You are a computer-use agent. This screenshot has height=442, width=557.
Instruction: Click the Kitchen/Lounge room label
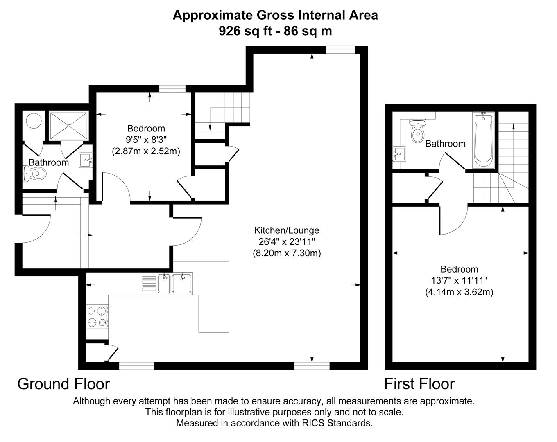pyautogui.click(x=286, y=230)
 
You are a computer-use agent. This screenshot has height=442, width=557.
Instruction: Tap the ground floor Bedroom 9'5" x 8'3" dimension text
pyautogui.click(x=146, y=140)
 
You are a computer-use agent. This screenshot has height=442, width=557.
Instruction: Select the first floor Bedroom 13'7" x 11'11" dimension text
pyautogui.click(x=459, y=281)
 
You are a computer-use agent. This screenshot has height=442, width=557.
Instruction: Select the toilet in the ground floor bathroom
pyautogui.click(x=34, y=174)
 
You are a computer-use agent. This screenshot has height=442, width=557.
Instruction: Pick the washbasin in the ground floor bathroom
pyautogui.click(x=85, y=160)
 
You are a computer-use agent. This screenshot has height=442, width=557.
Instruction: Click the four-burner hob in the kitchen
pyautogui.click(x=97, y=316)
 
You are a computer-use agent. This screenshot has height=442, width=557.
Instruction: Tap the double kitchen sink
pyautogui.click(x=175, y=283)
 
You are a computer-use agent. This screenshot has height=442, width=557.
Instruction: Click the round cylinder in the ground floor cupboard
pyautogui.click(x=33, y=121)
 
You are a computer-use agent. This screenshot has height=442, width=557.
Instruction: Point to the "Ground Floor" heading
pyautogui.click(x=63, y=384)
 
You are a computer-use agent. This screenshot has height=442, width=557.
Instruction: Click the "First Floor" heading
pyautogui.click(x=419, y=384)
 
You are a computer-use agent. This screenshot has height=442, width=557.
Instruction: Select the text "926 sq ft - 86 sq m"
pyautogui.click(x=275, y=31)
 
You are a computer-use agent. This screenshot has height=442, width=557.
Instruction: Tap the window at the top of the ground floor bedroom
pyautogui.click(x=172, y=88)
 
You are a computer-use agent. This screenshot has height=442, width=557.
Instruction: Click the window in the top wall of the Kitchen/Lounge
pyautogui.click(x=340, y=50)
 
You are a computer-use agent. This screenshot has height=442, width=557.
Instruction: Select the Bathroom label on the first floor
pyautogui.click(x=445, y=144)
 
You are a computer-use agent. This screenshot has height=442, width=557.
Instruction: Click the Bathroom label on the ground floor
pyautogui.click(x=48, y=162)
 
